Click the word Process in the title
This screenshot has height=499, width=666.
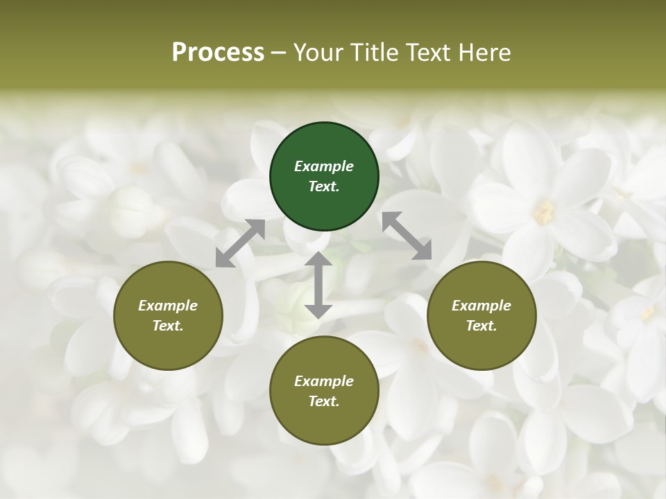point(218,53)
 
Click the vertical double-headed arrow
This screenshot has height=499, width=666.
point(318,285)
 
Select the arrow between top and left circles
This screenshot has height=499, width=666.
point(240,243)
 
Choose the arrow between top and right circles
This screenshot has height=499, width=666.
point(407,236)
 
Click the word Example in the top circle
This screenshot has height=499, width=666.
point(324,166)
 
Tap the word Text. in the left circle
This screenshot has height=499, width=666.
point(168,326)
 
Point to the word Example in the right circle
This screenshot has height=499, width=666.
point(481,306)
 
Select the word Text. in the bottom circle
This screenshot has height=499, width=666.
point(324,401)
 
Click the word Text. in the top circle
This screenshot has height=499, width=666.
point(324,186)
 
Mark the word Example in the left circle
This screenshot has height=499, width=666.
point(168,306)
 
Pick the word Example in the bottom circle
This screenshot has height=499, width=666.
point(324,381)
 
